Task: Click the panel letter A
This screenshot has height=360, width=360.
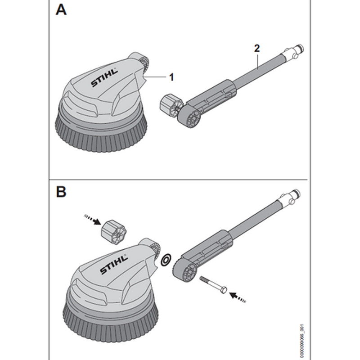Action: tap(61, 10)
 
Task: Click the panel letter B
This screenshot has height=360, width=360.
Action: tap(61, 192)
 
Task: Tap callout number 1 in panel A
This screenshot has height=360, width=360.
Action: tap(171, 77)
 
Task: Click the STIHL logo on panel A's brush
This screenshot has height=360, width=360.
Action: tap(103, 77)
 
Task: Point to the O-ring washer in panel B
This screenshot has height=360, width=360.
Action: tap(166, 260)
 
